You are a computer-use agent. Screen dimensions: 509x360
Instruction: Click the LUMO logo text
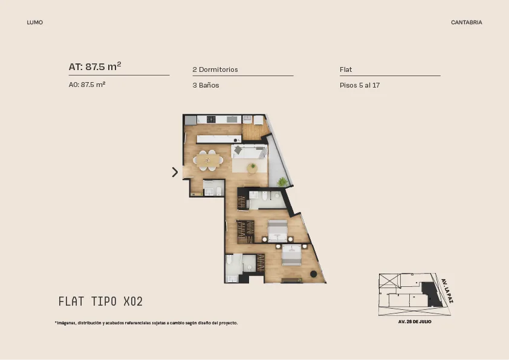tap(34, 22)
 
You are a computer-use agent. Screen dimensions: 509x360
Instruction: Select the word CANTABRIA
tap(467, 22)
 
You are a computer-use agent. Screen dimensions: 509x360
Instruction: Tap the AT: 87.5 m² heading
tap(95, 66)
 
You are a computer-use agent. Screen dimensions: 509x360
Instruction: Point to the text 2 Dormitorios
tap(215, 69)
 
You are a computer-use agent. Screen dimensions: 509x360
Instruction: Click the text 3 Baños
tap(206, 85)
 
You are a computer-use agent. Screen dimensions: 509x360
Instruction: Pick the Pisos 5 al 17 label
tap(360, 85)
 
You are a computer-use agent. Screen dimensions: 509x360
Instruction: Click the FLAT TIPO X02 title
tap(100, 301)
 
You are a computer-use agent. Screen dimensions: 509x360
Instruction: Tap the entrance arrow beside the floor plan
tap(175, 172)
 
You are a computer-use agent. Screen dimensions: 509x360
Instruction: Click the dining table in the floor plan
tap(208, 160)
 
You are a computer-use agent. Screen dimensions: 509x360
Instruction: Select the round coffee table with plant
tap(252, 168)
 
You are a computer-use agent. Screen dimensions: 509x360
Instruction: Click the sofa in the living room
tap(249, 152)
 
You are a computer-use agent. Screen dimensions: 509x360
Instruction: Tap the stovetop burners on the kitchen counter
tap(212, 120)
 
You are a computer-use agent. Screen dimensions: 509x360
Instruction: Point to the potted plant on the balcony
tap(282, 182)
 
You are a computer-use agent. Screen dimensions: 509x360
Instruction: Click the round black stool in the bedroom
tap(313, 274)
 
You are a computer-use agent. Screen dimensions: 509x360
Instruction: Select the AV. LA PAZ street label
tap(447, 291)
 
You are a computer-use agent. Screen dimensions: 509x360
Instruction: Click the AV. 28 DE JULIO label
tap(415, 322)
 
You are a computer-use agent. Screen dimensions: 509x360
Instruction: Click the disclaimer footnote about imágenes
tap(146, 323)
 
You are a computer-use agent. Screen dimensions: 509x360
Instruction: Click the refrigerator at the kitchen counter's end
tap(190, 120)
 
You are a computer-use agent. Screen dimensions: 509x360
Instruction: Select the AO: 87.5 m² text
tap(87, 85)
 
